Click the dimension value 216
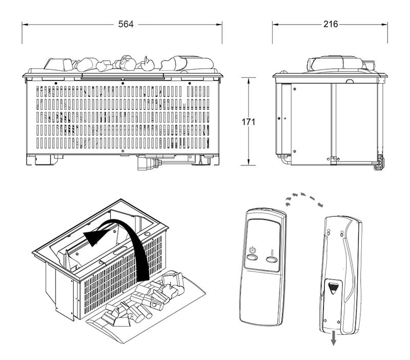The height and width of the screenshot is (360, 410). coord(331,25)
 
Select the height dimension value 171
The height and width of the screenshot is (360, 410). coord(248,122)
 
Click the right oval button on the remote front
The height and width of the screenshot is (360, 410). coord(272,259)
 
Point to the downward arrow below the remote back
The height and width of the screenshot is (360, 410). coord(334,338)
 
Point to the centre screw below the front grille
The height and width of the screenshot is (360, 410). coord(123,151)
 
